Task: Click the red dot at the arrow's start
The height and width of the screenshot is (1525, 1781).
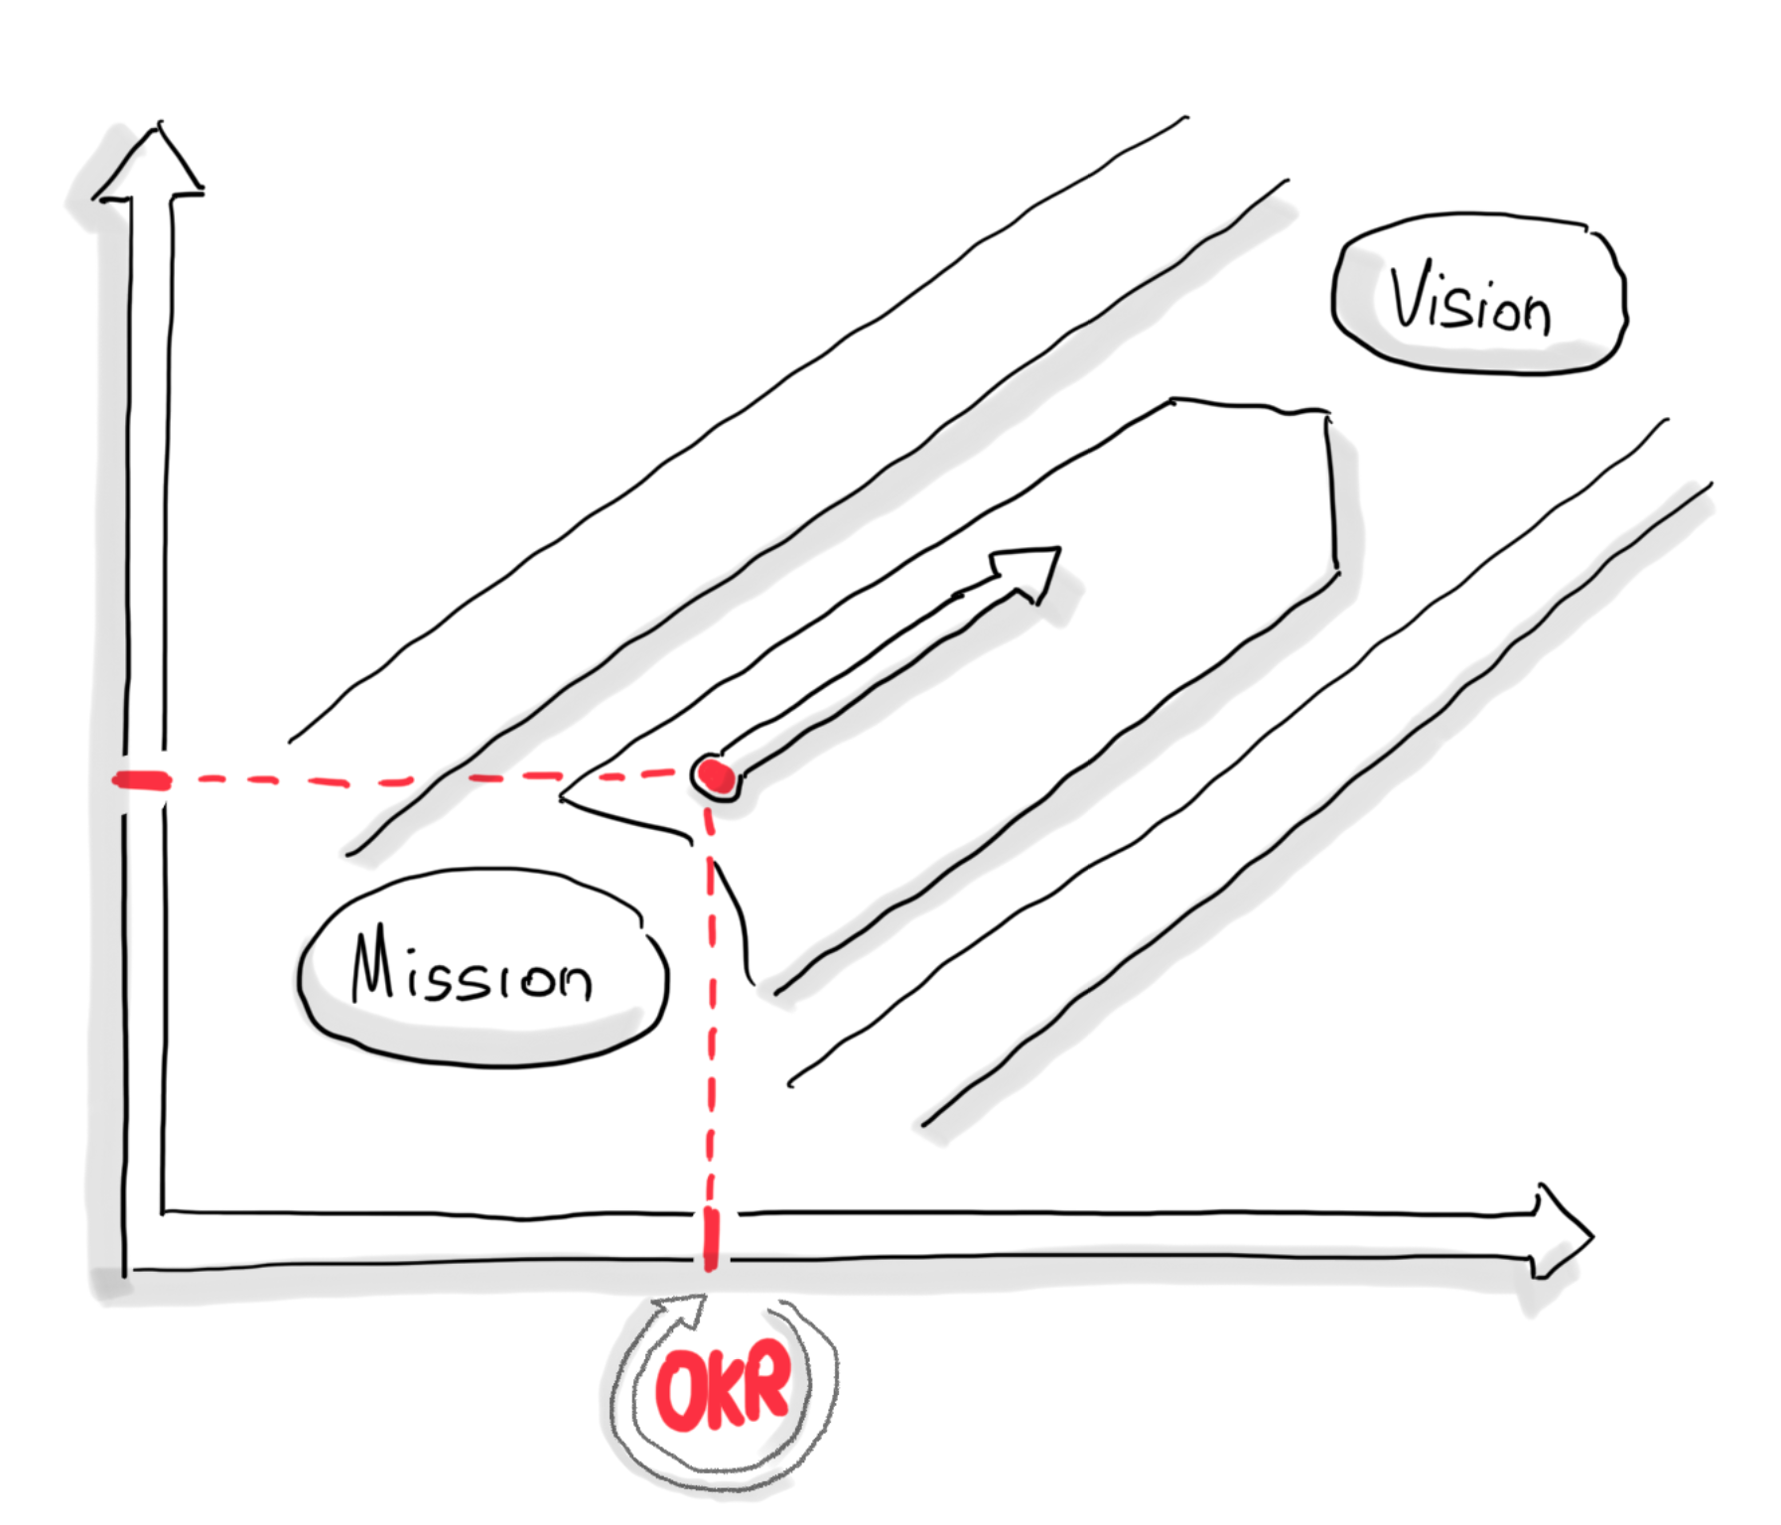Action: click(716, 776)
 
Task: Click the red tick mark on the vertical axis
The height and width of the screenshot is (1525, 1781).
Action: click(142, 780)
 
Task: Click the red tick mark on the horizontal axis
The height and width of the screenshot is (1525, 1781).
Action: click(711, 1241)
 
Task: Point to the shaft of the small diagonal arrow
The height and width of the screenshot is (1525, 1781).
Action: click(874, 675)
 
